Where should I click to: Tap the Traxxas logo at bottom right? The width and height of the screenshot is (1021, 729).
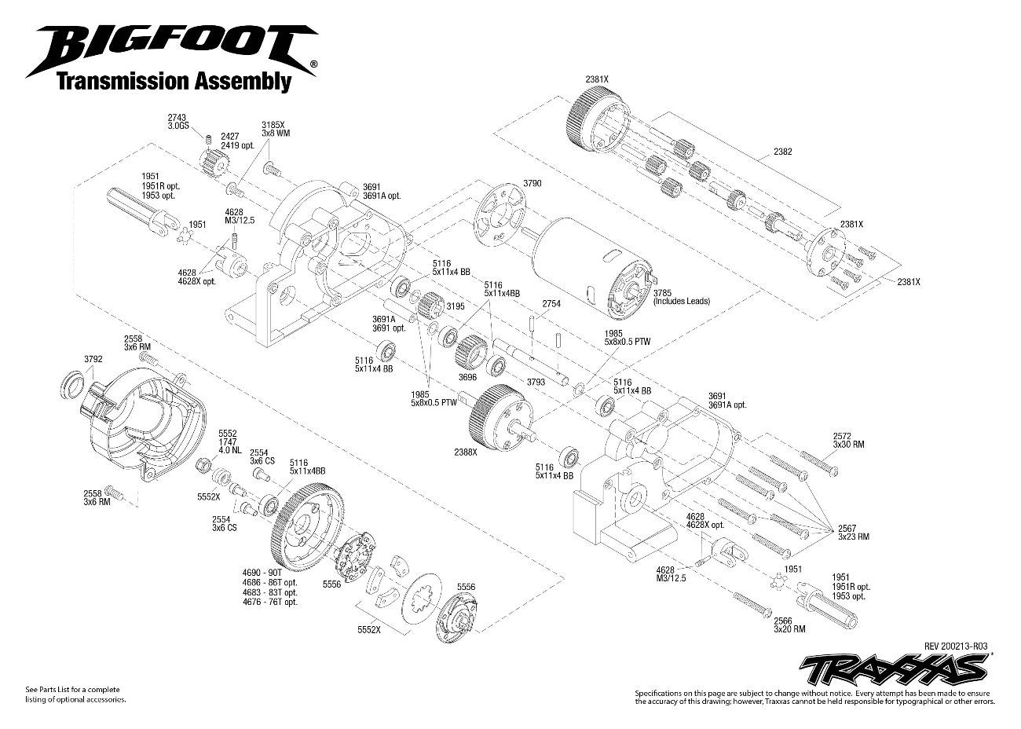(x=893, y=669)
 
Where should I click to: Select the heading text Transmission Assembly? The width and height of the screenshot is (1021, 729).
(x=173, y=80)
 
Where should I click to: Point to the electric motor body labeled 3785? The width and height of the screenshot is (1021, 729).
(x=589, y=259)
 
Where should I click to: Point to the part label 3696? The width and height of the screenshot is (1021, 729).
(x=467, y=377)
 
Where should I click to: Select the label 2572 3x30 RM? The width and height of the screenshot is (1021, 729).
(x=847, y=439)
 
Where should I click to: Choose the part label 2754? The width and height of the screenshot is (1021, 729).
(x=552, y=302)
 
